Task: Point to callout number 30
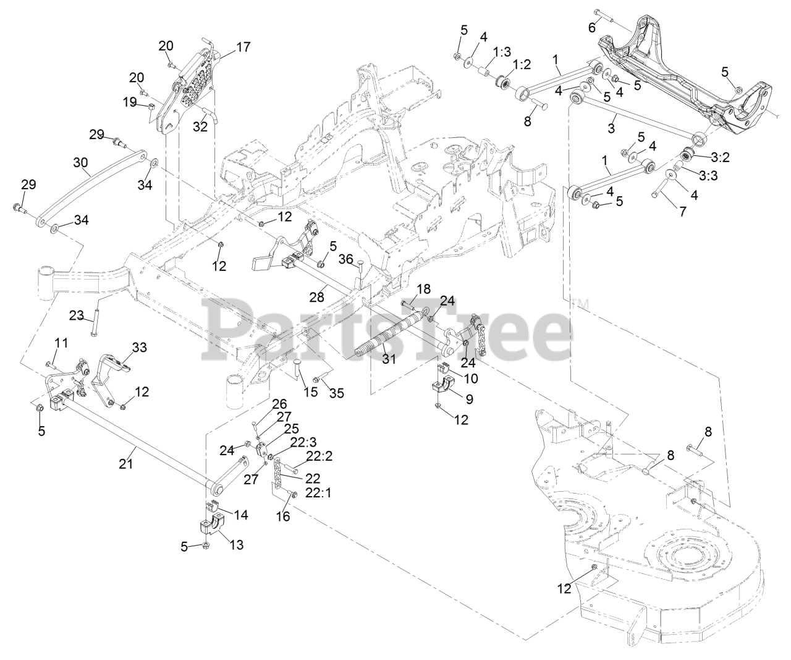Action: [x=80, y=163]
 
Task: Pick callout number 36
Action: [x=345, y=259]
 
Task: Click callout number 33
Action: [x=140, y=348]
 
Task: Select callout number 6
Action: [x=591, y=27]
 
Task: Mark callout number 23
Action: [x=76, y=315]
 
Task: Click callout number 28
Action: [x=317, y=298]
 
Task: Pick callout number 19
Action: [x=129, y=102]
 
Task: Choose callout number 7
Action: [x=682, y=211]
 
